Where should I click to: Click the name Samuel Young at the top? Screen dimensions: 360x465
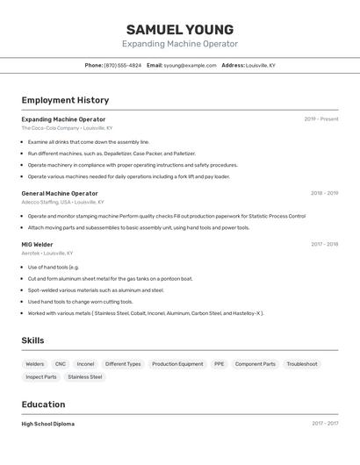tap(179, 30)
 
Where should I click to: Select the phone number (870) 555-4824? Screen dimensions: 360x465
tap(122, 66)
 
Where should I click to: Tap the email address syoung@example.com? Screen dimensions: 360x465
tap(190, 66)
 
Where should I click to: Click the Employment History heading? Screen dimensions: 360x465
tap(65, 101)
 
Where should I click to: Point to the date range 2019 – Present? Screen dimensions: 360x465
tap(320, 119)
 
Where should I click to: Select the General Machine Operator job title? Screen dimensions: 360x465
tap(60, 193)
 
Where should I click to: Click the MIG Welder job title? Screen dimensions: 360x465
tap(37, 245)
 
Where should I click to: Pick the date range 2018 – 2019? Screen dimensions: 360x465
tap(324, 193)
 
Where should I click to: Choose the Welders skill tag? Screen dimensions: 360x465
tap(35, 364)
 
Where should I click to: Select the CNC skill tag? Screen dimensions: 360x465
tap(61, 364)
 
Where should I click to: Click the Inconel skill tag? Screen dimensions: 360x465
tap(85, 364)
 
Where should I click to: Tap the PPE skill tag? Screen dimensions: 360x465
tap(219, 364)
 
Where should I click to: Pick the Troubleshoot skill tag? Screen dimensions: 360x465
tap(301, 364)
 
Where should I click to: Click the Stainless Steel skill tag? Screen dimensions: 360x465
tap(85, 377)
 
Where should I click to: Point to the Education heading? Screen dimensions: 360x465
tap(43, 404)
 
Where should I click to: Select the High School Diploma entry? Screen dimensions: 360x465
tap(47, 424)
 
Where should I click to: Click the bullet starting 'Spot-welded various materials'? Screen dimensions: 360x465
tap(96, 290)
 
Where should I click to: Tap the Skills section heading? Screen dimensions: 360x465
tap(33, 340)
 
